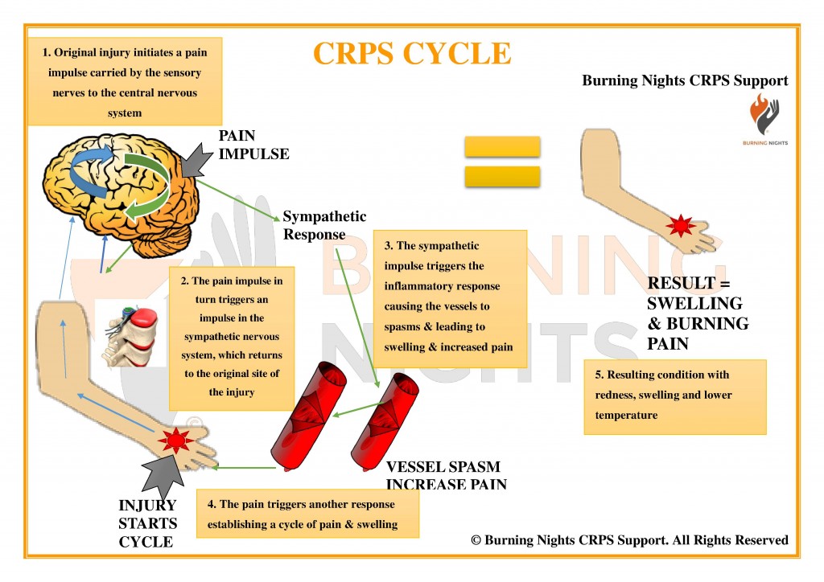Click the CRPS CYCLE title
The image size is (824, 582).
(x=411, y=53)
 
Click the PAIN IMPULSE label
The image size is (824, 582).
(x=253, y=145)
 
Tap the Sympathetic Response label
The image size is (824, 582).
(x=323, y=225)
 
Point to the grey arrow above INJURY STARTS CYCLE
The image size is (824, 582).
(x=164, y=477)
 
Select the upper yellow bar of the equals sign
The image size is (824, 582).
(x=502, y=146)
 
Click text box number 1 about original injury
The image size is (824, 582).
(x=124, y=82)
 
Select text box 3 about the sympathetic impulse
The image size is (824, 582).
(x=450, y=297)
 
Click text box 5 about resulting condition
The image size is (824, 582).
(x=674, y=396)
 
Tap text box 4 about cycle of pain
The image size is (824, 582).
(x=307, y=514)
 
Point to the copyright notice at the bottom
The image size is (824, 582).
(x=629, y=540)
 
